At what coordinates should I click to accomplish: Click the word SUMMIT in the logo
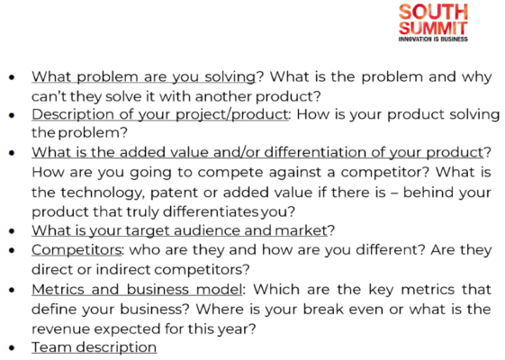434,27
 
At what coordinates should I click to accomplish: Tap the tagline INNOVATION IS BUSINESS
434,40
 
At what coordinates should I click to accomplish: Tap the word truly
174,211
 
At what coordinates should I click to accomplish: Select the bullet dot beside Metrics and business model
11,291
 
